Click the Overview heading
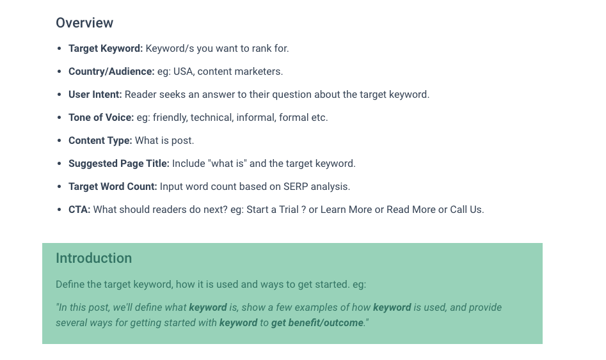pyautogui.click(x=84, y=23)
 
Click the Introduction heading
pyautogui.click(x=93, y=258)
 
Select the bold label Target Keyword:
pyautogui.click(x=106, y=49)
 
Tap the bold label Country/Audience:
pyautogui.click(x=111, y=72)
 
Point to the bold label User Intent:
pyautogui.click(x=95, y=95)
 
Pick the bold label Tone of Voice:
pyautogui.click(x=101, y=118)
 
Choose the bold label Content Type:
pyautogui.click(x=100, y=141)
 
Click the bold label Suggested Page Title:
pyautogui.click(x=118, y=164)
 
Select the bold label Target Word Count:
pyautogui.click(x=113, y=187)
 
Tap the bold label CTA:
pyautogui.click(x=79, y=210)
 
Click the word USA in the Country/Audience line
pyautogui.click(x=184, y=72)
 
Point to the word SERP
pyautogui.click(x=296, y=187)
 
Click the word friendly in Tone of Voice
pyautogui.click(x=170, y=118)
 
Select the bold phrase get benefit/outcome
pyautogui.click(x=317, y=323)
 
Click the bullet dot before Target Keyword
pyautogui.click(x=59, y=49)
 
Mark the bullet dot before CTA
pyautogui.click(x=59, y=210)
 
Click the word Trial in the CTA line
pyautogui.click(x=289, y=210)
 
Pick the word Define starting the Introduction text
pyautogui.click(x=70, y=285)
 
